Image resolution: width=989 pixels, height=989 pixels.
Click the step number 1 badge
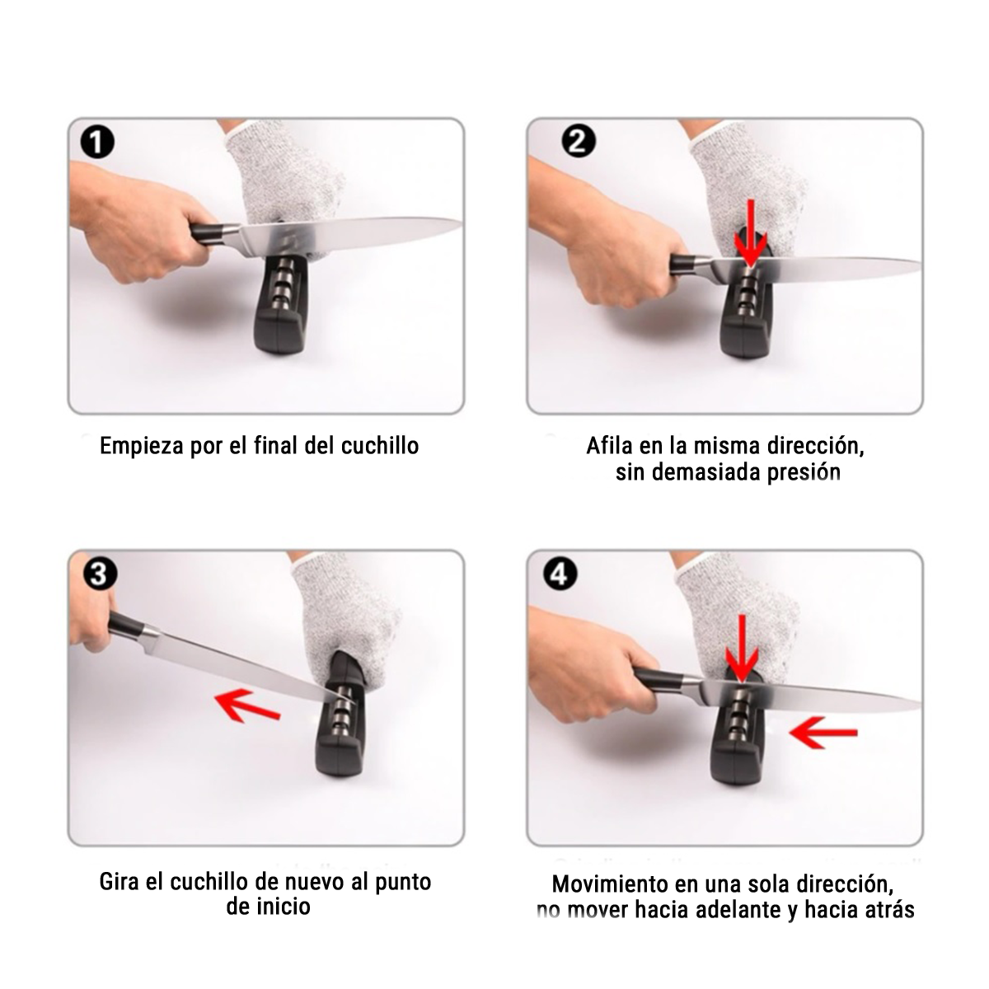coord(97,142)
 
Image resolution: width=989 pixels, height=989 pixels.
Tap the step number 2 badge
coord(579,141)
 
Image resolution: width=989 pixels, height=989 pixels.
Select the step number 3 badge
coord(100,574)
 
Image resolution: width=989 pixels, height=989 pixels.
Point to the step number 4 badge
coord(560,574)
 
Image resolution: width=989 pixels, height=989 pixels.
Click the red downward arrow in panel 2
coord(751,233)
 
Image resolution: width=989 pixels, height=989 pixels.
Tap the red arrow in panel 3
coord(247,705)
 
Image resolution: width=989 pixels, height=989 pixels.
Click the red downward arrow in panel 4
coord(742,649)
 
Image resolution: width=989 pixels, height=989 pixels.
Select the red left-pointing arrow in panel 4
coord(823,733)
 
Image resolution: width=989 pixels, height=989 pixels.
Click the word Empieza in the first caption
coord(142,446)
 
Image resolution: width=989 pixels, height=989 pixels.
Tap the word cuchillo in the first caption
coord(380,445)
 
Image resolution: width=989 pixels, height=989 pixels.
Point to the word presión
coord(804,473)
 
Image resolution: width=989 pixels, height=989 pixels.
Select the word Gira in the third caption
coord(119,881)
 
